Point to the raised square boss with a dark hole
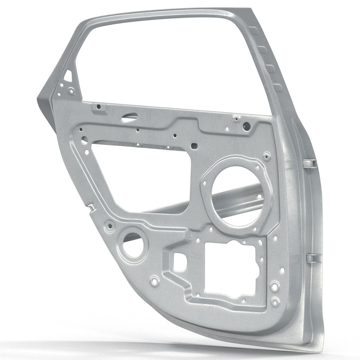pyautogui.click(x=99, y=107)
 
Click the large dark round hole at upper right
pyautogui.click(x=247, y=126)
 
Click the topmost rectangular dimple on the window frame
pyautogui.click(x=254, y=31)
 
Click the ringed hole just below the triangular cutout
pyautogui.click(x=71, y=90)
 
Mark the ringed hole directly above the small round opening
pyautogui.click(x=110, y=226)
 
